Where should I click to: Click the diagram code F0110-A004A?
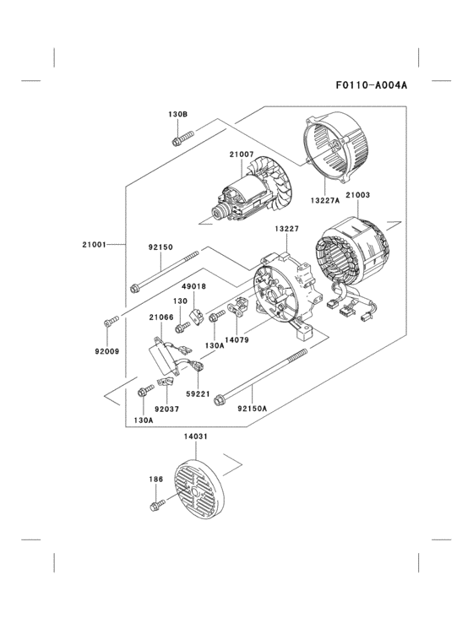tap(371, 85)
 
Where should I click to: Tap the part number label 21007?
tap(241, 154)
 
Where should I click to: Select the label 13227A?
tap(324, 201)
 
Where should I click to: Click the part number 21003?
tap(357, 195)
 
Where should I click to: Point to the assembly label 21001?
tap(94, 245)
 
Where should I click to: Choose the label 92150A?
tap(252, 409)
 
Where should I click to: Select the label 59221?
tap(198, 393)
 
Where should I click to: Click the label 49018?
tap(194, 287)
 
